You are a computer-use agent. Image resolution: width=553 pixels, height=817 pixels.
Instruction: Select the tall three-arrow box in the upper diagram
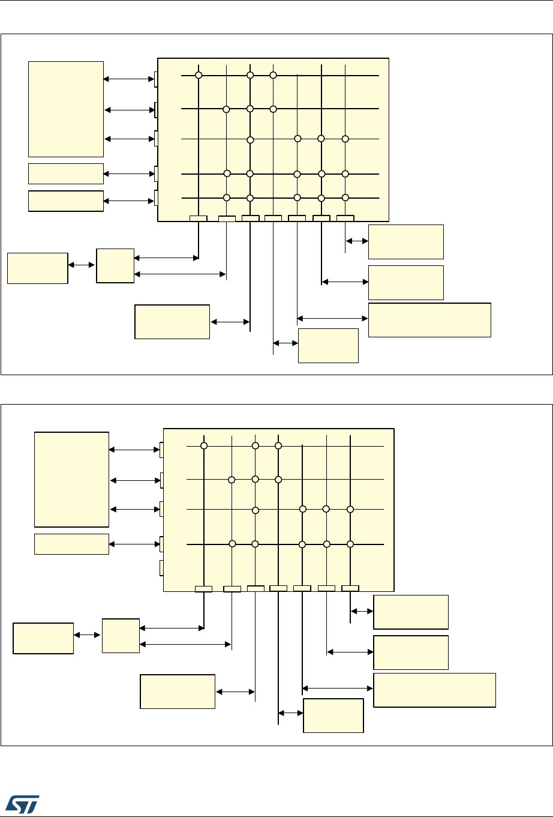[x=66, y=109]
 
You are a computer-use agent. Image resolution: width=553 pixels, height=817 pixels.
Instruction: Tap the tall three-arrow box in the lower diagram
[x=71, y=479]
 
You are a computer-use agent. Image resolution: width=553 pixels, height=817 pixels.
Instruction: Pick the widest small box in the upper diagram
[x=429, y=320]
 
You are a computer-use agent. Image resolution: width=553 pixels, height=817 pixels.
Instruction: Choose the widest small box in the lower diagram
[x=434, y=690]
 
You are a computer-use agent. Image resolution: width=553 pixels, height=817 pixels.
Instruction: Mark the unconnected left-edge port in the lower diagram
[x=161, y=567]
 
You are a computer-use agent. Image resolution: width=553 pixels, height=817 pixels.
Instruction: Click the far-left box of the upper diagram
[x=37, y=268]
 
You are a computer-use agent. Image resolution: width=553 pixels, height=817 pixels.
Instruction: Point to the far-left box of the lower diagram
[x=43, y=638]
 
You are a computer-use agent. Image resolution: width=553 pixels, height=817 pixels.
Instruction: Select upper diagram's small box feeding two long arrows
[x=115, y=265]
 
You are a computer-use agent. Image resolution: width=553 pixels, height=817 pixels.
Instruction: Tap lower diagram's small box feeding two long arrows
[x=121, y=636]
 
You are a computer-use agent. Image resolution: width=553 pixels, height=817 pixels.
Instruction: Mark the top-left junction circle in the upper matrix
[x=199, y=75]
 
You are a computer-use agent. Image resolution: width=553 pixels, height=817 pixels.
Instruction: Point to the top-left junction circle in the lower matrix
[x=204, y=445]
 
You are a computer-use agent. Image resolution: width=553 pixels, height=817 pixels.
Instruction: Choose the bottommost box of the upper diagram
[x=328, y=345]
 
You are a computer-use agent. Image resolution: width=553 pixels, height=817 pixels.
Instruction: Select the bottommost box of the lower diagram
[x=333, y=716]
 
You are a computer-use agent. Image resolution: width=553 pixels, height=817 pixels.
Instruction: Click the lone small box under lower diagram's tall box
[x=71, y=544]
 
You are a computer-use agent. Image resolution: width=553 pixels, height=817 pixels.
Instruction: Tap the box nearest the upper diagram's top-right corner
[x=405, y=242]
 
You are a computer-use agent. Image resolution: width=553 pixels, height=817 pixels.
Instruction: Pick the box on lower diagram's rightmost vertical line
[x=410, y=612]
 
